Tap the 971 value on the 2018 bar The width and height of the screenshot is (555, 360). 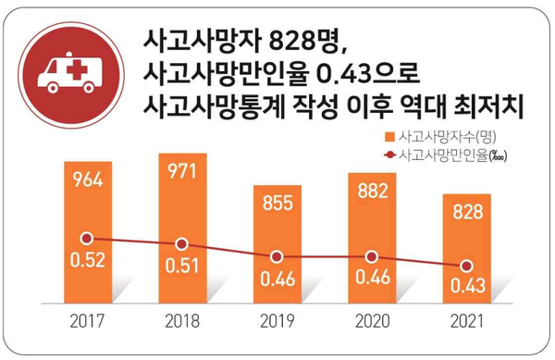(182, 172)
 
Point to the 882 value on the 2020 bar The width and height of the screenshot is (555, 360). (372, 195)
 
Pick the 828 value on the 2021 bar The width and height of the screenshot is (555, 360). (465, 212)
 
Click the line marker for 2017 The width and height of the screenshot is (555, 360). (87, 238)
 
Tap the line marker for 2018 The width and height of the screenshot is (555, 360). (182, 244)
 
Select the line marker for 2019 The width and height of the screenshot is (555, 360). (277, 256)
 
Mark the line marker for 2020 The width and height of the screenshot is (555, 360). (372, 256)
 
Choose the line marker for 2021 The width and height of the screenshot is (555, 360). (465, 267)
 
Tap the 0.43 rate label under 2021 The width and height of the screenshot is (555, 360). (465, 290)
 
